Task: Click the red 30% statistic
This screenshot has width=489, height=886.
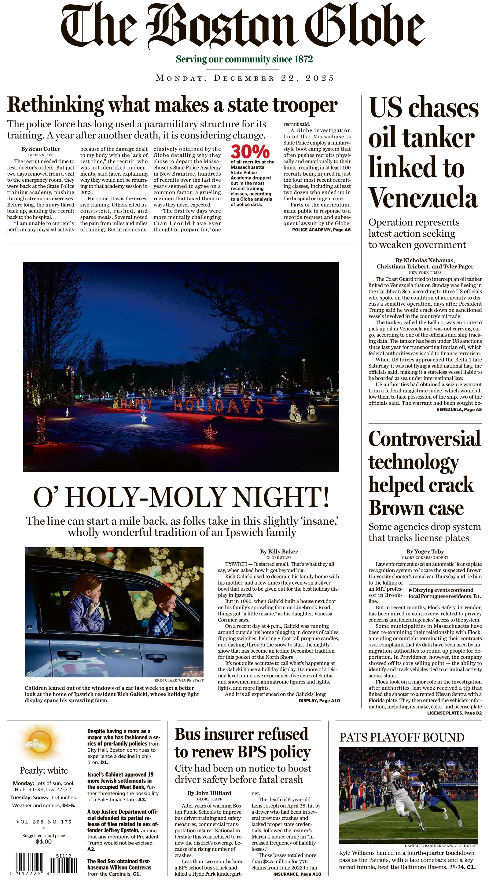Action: (250, 152)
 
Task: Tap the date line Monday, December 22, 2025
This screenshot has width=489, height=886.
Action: (245, 78)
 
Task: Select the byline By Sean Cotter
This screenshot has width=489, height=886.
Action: (41, 149)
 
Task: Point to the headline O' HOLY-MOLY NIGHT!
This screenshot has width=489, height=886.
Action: (181, 497)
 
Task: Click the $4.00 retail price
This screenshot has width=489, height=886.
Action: (44, 842)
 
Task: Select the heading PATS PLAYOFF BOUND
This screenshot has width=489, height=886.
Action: (402, 737)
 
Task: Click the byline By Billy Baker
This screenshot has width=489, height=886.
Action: (279, 551)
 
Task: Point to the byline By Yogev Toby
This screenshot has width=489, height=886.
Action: (425, 551)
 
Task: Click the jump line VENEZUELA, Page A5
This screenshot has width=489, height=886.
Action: (459, 409)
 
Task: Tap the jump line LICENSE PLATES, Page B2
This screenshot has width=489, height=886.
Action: (454, 713)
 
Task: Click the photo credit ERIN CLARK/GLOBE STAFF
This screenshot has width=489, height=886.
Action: (179, 680)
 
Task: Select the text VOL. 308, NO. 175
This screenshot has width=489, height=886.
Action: (44, 822)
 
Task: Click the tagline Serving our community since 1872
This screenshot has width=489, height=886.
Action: (244, 59)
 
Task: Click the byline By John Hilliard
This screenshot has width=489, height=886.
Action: (209, 793)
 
